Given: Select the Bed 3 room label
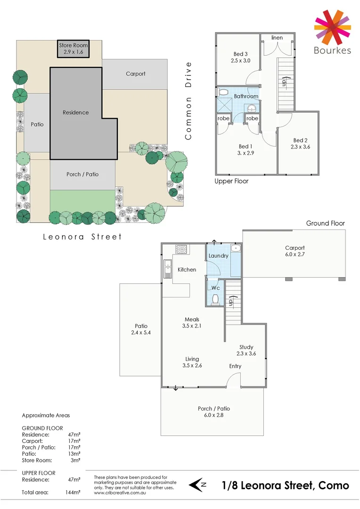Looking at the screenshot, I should [x=240, y=54].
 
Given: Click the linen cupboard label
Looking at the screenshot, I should [x=277, y=37].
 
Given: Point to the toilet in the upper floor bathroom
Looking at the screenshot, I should [x=223, y=92].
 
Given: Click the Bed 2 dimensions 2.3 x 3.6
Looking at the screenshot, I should [x=301, y=147].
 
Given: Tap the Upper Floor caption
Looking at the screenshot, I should [x=231, y=181].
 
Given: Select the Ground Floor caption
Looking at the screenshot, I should [x=325, y=223].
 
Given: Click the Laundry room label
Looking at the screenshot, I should [x=218, y=256].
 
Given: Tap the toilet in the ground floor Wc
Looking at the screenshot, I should [x=216, y=299].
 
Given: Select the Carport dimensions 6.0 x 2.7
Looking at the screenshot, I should [x=295, y=254].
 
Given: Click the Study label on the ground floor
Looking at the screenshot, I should [x=246, y=346].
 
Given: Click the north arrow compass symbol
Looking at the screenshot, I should [x=198, y=484].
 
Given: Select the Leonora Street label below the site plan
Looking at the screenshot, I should [x=82, y=237].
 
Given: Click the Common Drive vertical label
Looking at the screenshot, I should [x=188, y=100].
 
